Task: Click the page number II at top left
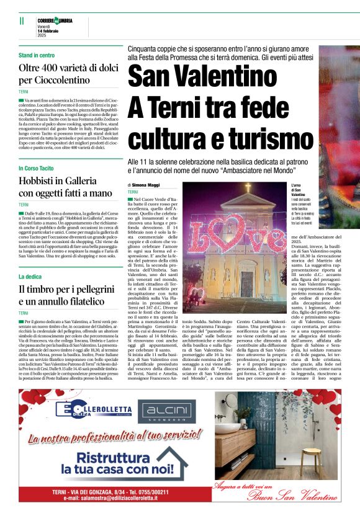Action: [22, 20]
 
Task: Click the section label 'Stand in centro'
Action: [37, 55]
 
